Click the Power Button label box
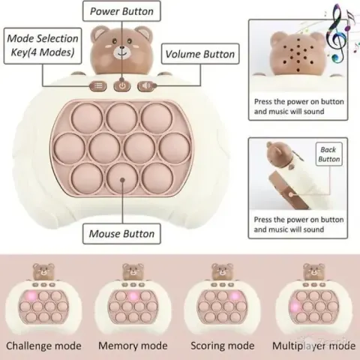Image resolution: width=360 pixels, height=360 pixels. point(121,11)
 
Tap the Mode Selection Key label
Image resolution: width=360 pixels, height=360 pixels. point(43,46)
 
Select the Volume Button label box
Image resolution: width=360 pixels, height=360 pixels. point(200,54)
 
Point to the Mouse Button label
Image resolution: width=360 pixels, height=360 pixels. point(121,234)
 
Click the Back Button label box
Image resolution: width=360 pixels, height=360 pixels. point(328,154)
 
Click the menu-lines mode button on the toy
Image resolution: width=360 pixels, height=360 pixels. point(98,85)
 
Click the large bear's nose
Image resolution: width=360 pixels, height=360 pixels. point(122,47)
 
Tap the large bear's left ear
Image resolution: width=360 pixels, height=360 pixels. point(97,33)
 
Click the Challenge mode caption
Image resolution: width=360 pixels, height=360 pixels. point(43,346)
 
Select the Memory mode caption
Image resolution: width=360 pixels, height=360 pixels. point(133,346)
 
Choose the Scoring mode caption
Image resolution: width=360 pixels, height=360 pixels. point(223,346)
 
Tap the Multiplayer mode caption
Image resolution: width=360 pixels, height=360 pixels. point(313,346)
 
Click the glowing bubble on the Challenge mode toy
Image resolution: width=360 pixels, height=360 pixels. point(31,296)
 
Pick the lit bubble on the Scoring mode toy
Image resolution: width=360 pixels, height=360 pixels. point(235,296)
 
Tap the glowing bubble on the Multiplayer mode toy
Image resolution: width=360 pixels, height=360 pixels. point(295,306)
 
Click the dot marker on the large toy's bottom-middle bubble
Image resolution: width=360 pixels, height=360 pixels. point(122,179)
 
